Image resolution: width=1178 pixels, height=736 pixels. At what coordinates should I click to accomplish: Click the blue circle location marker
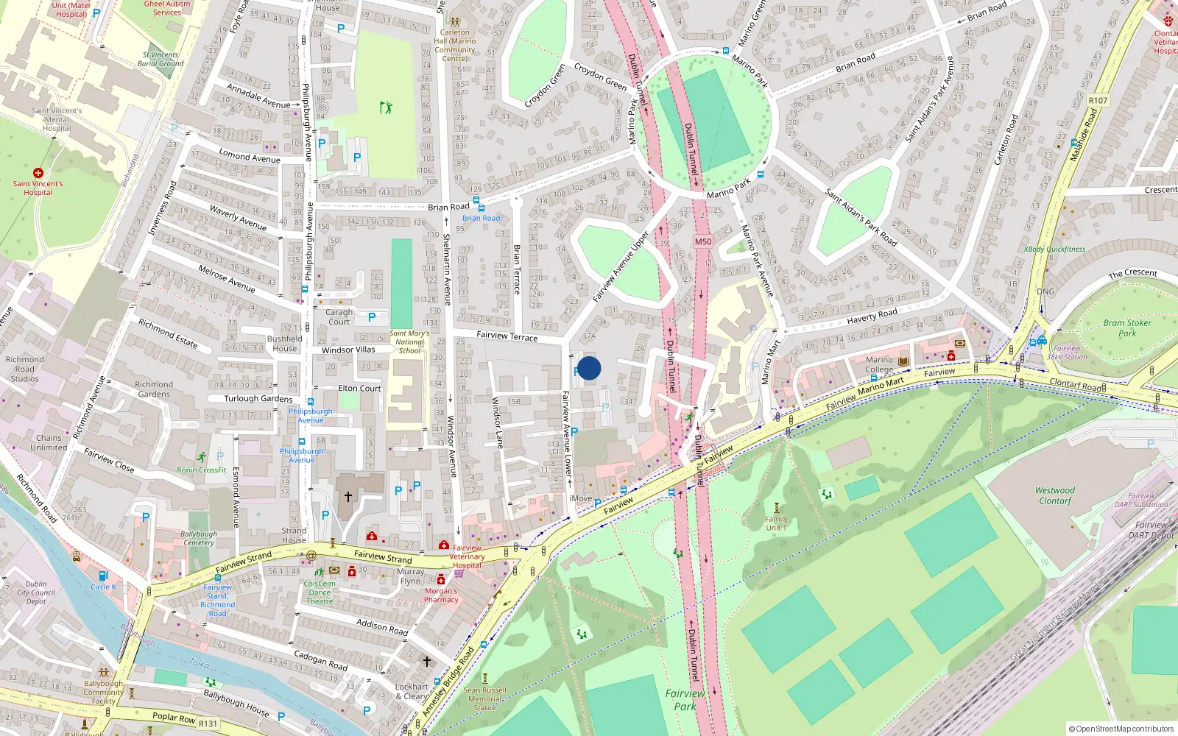pos(589,368)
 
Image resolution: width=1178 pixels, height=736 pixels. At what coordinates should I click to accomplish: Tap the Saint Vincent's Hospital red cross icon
pos(38,173)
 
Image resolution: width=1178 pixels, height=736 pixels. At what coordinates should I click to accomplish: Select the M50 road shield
pos(703,241)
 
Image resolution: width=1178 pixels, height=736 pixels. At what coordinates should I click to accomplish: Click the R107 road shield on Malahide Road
pos(1098,100)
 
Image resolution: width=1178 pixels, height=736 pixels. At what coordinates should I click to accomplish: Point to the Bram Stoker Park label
pos(1126,328)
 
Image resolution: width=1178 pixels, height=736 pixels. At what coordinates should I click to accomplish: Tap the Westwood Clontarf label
pos(1055,495)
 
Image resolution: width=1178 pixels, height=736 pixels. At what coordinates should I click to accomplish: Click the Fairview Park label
pos(685,699)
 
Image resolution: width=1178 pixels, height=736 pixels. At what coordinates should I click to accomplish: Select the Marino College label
pos(879,365)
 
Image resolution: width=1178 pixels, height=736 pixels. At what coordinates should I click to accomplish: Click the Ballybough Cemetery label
pos(199,538)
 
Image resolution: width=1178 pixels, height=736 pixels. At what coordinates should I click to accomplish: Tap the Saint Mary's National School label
pos(409,342)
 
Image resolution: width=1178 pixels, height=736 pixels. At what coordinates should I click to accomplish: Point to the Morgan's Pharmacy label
pos(441,595)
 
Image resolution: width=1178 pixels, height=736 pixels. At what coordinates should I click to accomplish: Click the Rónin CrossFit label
pos(202,470)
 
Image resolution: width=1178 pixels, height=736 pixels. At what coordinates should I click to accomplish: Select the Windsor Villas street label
pos(348,350)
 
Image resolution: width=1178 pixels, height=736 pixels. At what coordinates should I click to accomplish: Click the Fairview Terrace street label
pos(507,336)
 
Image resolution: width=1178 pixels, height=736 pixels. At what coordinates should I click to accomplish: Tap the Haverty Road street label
pos(872,316)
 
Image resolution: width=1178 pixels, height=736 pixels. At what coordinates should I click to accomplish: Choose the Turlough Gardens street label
pos(258,399)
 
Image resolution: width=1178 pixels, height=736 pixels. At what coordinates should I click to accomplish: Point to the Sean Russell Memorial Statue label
pos(484,699)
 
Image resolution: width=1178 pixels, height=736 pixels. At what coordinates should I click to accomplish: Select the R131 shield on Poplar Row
pos(208,723)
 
